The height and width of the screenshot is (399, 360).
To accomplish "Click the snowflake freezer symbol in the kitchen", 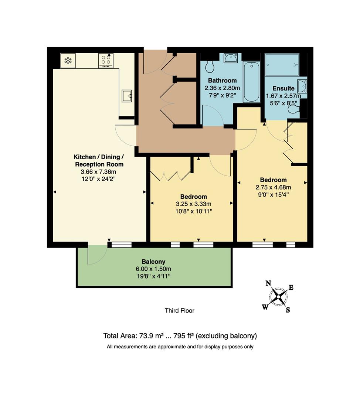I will pos(68,61).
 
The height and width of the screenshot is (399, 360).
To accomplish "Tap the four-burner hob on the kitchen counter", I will pos(106,61).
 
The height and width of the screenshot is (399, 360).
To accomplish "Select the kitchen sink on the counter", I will pos(127,96).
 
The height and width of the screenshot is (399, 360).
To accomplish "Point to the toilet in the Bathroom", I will pos(210,67).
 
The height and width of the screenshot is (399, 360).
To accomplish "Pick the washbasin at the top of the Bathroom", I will pos(231,58).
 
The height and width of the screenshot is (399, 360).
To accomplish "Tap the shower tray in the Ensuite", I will pos(282,65).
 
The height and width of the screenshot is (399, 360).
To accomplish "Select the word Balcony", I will pos(153,262).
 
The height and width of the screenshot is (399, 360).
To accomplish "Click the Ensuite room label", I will pos(283,89).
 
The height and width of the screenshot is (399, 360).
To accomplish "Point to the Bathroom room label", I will pos(222,81).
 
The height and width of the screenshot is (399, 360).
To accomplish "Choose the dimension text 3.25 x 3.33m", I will pos(193,204).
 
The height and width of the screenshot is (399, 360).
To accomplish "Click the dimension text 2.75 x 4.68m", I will pos(273,187).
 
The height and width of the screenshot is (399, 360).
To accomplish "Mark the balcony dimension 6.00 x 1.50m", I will pos(153,269).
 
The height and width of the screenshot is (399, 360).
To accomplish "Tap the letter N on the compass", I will pos(269,283).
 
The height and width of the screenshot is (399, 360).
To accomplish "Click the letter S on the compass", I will pos(288,310).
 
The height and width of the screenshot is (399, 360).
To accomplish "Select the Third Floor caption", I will pos(179,311).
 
